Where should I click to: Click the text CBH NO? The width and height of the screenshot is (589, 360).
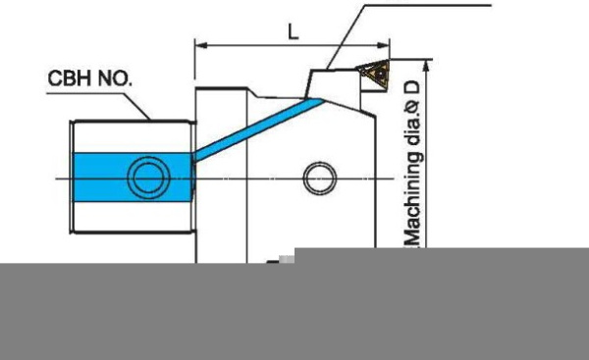(89, 78)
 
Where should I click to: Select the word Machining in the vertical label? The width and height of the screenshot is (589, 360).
(413, 199)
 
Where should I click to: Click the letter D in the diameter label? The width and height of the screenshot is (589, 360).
(413, 88)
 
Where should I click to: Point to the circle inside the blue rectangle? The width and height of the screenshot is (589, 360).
(149, 177)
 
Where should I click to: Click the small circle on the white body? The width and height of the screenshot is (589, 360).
(319, 178)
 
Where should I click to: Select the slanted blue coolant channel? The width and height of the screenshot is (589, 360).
(258, 129)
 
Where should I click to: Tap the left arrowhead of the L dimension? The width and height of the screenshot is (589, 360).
(201, 45)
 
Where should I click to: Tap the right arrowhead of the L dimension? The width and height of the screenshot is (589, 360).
(383, 45)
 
